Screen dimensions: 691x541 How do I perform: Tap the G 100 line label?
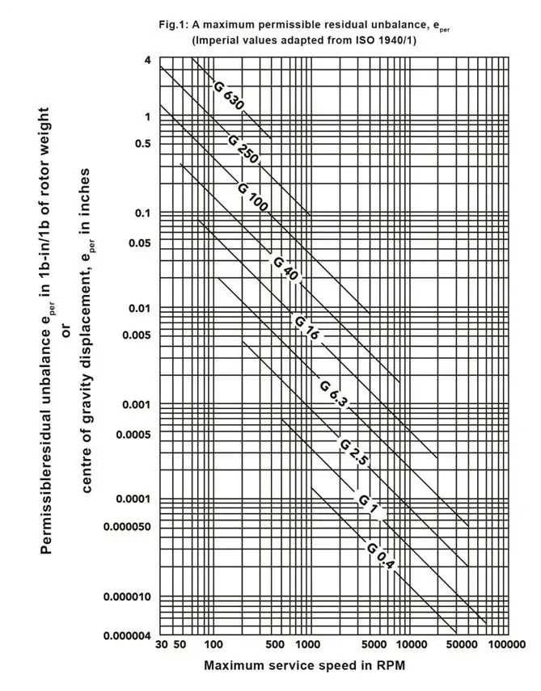coord(253,197)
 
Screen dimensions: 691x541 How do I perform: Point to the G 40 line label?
coord(285,269)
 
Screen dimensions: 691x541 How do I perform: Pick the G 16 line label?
coord(306,327)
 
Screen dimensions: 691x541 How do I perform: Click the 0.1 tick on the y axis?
coord(143,213)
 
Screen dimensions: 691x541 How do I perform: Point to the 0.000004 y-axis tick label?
coord(128,634)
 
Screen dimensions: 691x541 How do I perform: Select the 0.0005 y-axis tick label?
coord(133,434)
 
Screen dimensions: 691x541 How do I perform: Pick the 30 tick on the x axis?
coord(160,647)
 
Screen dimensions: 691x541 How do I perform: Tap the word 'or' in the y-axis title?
coord(68,333)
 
